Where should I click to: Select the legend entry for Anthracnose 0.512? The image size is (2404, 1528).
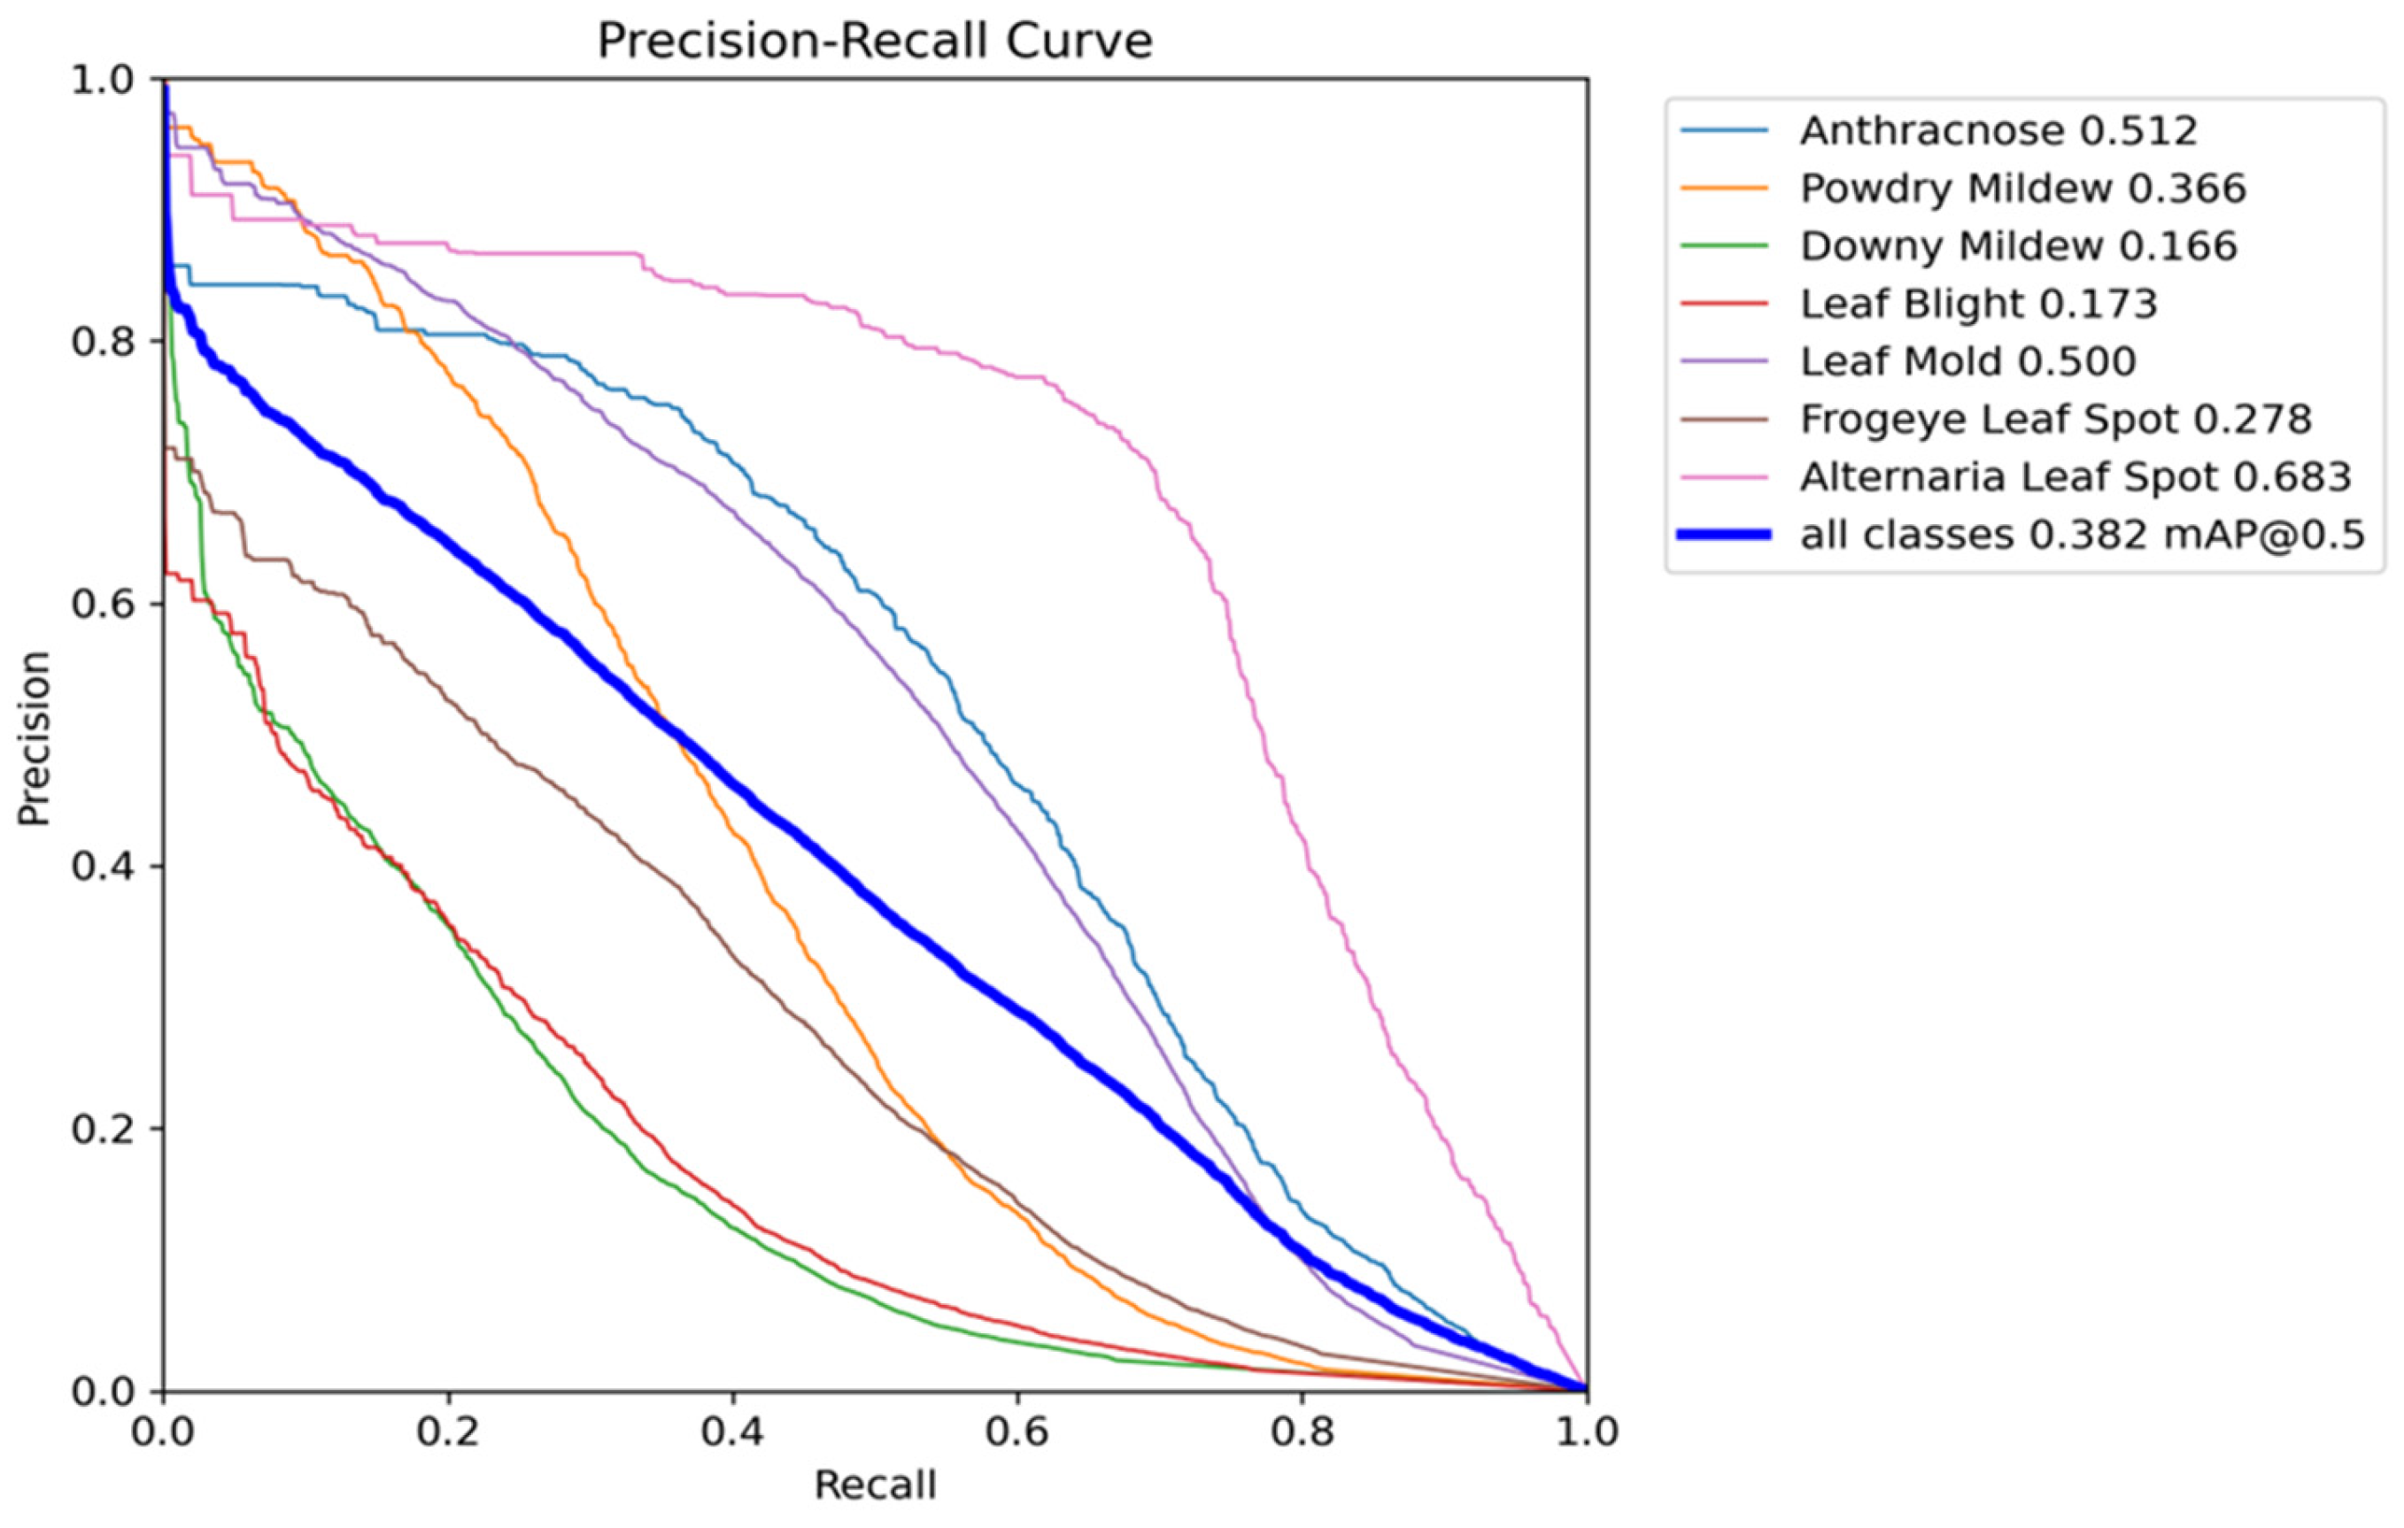point(1998,131)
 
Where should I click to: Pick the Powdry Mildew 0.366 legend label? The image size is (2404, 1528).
point(2022,189)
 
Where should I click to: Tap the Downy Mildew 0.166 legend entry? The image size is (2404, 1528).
point(2018,246)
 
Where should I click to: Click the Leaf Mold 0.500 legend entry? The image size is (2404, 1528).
point(1967,361)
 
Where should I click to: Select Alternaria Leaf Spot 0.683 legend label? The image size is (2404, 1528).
point(2075,477)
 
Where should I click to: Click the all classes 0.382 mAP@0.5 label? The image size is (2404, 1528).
point(2083,535)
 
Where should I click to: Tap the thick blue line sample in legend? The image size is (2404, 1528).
point(1724,535)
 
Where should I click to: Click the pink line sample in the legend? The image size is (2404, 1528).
point(1724,477)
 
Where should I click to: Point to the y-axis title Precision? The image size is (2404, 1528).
point(34,738)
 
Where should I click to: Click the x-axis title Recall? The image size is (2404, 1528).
point(875,1486)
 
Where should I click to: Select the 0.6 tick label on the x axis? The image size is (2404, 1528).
point(1017,1433)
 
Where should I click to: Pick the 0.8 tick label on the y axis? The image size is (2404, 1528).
point(103,342)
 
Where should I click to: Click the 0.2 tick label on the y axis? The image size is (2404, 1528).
point(103,1129)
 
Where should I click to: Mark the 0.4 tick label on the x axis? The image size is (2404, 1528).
point(733,1433)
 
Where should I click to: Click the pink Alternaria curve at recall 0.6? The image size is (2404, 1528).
point(1017,376)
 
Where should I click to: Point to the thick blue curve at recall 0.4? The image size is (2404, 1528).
point(733,783)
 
